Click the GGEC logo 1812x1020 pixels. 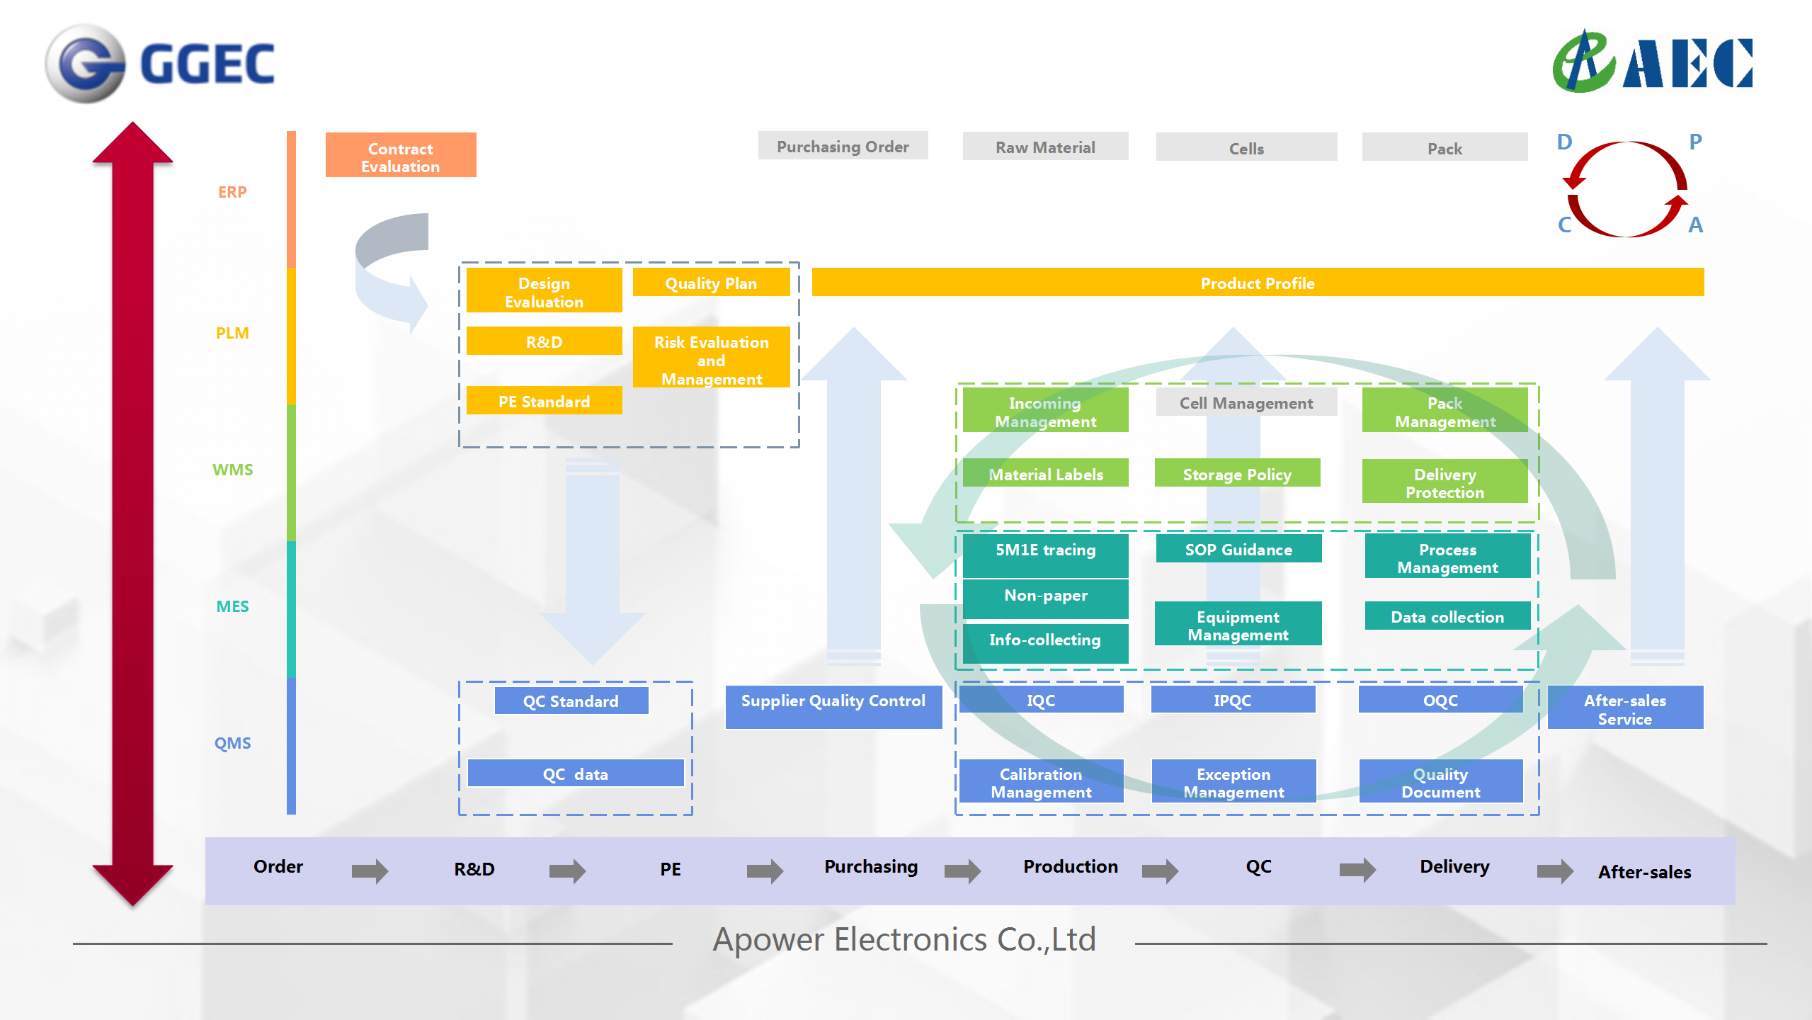tap(160, 64)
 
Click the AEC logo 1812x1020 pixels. tap(1652, 62)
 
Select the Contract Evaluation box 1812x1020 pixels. tap(401, 155)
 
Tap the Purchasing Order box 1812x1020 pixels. tap(843, 146)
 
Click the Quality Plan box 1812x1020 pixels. tap(711, 283)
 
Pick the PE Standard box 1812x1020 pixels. tap(544, 401)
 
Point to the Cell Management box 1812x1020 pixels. tap(1246, 402)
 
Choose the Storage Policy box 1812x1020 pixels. tap(1237, 473)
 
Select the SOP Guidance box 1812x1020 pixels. tap(1238, 549)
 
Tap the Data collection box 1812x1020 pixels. tap(1447, 616)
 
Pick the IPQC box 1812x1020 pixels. tap(1233, 700)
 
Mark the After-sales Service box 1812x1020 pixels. tap(1625, 708)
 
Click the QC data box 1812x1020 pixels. tap(575, 773)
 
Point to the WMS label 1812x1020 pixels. tap(232, 470)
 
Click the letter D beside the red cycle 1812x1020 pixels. tap(1564, 142)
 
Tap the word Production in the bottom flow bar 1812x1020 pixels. tap(1070, 866)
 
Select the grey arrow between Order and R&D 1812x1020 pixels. tap(370, 871)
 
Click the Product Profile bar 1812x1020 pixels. tap(1257, 283)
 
